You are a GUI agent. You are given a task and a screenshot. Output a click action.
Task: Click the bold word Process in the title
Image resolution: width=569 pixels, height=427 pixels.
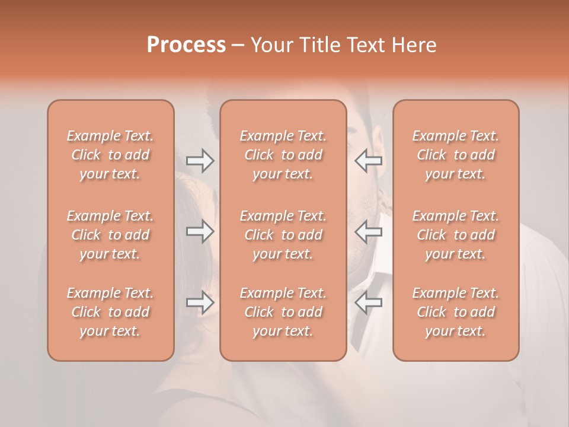click(186, 45)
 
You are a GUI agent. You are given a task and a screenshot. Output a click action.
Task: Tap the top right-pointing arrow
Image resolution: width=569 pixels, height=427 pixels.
click(200, 160)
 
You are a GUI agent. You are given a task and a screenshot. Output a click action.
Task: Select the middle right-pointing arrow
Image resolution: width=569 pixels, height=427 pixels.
click(200, 231)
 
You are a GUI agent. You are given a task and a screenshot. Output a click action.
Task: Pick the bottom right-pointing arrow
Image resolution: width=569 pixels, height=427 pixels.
click(200, 302)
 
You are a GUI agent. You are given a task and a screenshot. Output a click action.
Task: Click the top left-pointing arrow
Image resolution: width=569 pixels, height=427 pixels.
click(368, 160)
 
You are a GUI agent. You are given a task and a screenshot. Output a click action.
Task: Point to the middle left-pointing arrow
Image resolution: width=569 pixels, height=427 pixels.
click(368, 231)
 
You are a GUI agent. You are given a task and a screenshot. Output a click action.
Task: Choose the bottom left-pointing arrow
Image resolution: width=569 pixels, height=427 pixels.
click(368, 302)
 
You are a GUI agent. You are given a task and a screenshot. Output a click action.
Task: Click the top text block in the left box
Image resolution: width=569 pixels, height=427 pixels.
click(110, 155)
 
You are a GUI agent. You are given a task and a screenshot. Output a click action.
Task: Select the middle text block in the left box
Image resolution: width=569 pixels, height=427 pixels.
click(110, 235)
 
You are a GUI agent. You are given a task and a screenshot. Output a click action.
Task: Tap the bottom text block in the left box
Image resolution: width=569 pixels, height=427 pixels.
click(110, 312)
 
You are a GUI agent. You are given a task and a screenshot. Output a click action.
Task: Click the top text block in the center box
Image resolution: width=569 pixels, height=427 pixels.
click(283, 155)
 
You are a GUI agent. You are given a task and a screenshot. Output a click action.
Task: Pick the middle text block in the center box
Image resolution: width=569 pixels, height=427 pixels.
click(283, 235)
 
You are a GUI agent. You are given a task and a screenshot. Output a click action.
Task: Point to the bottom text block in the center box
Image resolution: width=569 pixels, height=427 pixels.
click(283, 312)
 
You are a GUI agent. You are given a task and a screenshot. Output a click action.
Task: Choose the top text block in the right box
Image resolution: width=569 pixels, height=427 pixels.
click(456, 155)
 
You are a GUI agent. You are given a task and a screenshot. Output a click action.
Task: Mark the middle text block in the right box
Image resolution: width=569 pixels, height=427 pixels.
click(456, 235)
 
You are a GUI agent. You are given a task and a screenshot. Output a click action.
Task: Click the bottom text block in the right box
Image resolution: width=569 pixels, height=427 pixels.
click(456, 312)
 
